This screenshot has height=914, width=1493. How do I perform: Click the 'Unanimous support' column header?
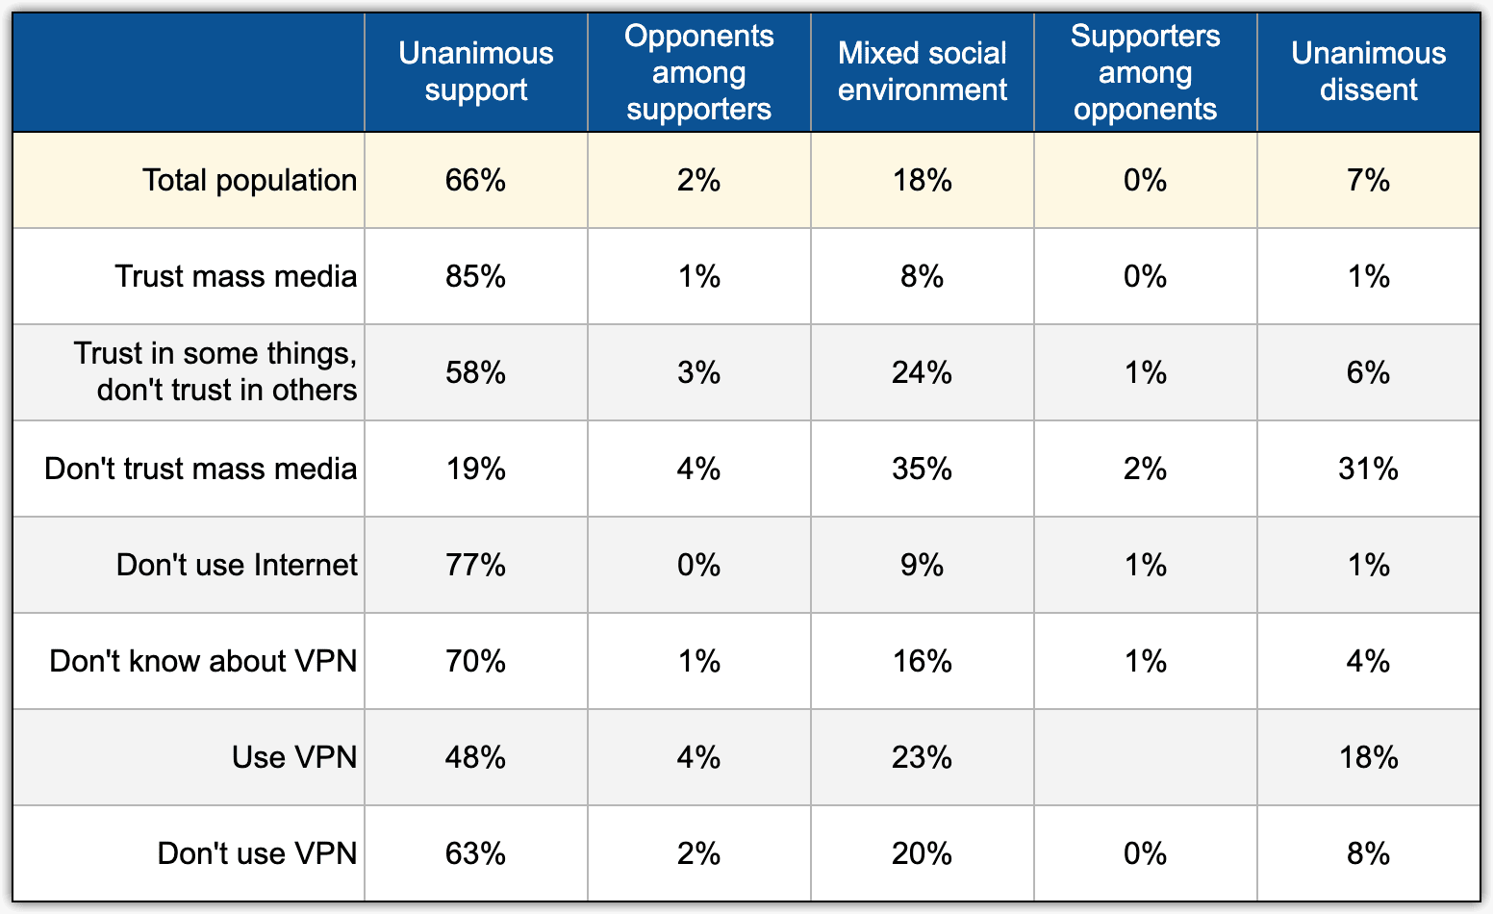tap(476, 71)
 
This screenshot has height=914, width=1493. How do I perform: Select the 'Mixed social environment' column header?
tap(922, 71)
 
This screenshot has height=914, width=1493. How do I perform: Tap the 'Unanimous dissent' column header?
tap(1368, 71)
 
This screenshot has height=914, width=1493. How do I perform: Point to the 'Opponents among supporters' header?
tap(698, 72)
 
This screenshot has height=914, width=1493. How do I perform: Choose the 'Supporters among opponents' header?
tap(1145, 72)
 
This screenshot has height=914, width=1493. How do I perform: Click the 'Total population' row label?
tap(249, 181)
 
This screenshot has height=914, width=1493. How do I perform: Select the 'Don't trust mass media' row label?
tap(201, 469)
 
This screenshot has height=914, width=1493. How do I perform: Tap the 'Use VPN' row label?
tap(294, 757)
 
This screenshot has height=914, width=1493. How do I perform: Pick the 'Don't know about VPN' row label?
tap(203, 661)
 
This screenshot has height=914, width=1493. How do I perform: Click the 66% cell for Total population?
tap(476, 181)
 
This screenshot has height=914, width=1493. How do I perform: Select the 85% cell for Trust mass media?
tap(476, 277)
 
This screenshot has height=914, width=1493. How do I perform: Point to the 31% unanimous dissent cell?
tap(1368, 469)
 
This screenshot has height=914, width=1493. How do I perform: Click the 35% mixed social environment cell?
tap(922, 469)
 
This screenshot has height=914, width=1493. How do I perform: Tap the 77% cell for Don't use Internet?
tap(476, 566)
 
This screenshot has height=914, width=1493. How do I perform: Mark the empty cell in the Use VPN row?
tap(1145, 757)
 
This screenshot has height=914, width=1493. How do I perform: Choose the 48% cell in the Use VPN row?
tap(476, 757)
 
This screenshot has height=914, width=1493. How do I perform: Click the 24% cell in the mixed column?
tap(922, 372)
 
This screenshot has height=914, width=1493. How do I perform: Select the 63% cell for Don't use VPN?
tap(476, 853)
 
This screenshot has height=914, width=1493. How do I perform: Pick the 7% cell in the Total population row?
tap(1368, 181)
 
